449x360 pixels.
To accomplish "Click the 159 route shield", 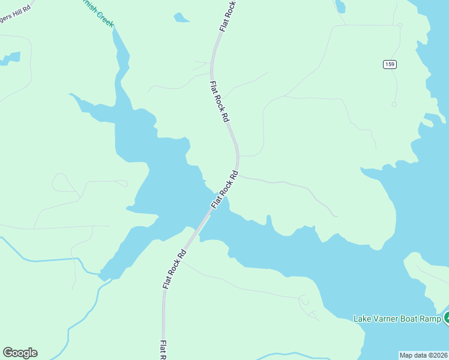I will point(390,64).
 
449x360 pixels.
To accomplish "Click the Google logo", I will point(20,353).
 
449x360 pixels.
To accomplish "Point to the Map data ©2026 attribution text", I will point(424,355).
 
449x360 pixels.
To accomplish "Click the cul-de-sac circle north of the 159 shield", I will point(400,25).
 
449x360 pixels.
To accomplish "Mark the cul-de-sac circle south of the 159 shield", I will point(394,104).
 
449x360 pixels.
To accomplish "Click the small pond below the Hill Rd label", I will point(11,59).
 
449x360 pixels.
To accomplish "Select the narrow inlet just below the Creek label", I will point(120,48).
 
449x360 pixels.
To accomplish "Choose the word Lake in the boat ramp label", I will point(363,319).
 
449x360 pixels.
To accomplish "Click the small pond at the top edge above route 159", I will point(340,7).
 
